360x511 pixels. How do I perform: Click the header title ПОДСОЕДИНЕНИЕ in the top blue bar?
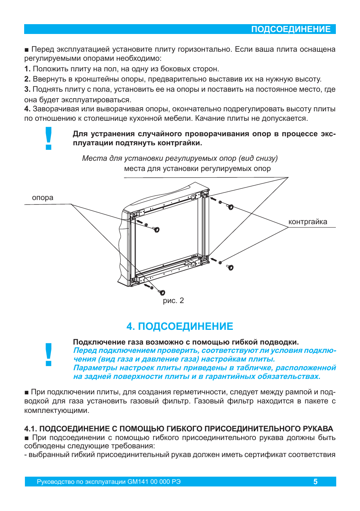[291, 29]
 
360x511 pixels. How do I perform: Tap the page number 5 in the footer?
[315, 482]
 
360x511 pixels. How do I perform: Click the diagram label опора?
[43, 198]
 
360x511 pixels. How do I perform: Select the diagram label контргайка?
[308, 222]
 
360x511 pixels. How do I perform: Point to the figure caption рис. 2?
[173, 301]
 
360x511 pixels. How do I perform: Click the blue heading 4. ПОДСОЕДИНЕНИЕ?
[180, 326]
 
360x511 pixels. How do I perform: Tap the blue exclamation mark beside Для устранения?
[48, 139]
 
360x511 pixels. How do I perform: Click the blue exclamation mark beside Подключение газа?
[48, 355]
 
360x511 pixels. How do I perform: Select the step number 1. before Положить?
[27, 69]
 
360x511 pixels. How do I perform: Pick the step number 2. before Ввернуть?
[27, 79]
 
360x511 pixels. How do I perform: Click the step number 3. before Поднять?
[27, 89]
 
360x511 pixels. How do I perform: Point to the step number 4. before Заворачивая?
[27, 109]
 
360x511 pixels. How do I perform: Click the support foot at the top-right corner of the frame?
[230, 207]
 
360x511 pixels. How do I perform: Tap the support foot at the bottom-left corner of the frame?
[162, 292]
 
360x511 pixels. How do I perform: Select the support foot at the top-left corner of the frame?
[157, 229]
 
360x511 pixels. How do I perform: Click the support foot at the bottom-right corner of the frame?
[230, 268]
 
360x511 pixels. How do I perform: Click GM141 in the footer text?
[138, 482]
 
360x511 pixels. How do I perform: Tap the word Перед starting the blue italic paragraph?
[85, 351]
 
